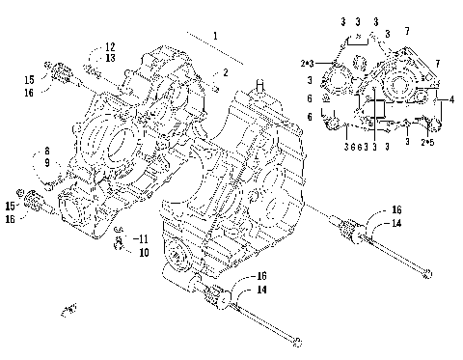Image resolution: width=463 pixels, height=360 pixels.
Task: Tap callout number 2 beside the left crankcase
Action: coord(225,73)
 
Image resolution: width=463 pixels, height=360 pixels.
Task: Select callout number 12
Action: coord(110,46)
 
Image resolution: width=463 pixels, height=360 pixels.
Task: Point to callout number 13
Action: coord(110,58)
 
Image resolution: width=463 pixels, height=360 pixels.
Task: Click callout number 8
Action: coord(45,152)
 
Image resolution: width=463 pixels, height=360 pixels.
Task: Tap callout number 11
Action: coord(144,238)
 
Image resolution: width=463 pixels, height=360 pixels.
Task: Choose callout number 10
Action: coord(144,253)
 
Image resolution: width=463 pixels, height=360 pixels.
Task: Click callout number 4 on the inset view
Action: coord(451,99)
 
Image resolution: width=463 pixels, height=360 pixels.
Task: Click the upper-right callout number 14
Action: coord(395,223)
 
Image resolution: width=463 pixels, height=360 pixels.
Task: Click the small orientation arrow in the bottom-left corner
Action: coord(68,309)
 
